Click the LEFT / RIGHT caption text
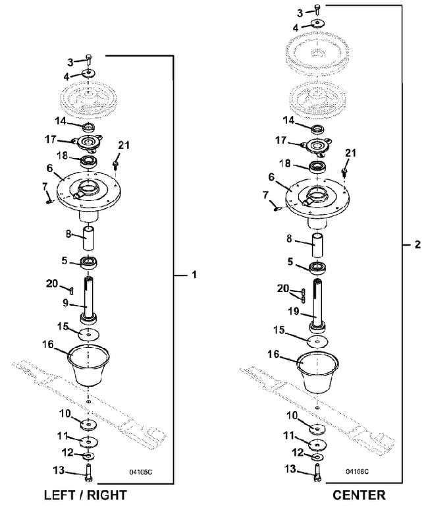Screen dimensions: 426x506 point(86,495)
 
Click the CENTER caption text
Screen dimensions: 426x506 point(359,495)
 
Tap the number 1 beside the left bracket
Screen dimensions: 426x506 point(194,275)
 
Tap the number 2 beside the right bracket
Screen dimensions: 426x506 point(417,244)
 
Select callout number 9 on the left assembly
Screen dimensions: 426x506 point(65,302)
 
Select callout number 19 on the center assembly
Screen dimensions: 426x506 point(294,312)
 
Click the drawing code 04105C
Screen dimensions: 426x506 point(141,472)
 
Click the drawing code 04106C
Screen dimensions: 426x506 point(358,472)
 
